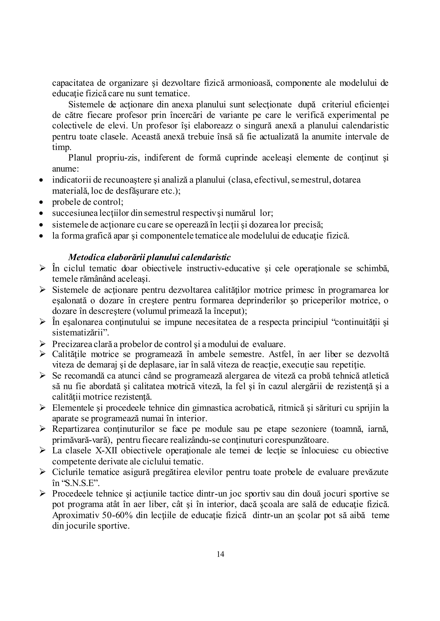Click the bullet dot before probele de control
point(41,202)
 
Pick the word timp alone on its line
point(61,147)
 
